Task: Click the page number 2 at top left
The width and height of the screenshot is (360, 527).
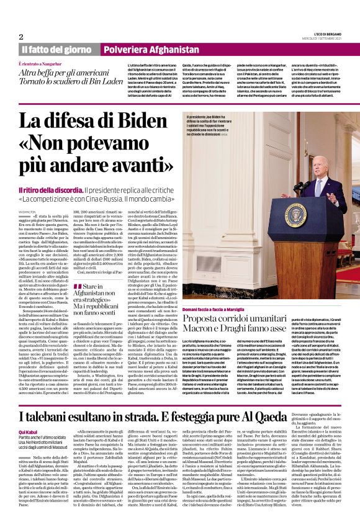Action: click(21, 36)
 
